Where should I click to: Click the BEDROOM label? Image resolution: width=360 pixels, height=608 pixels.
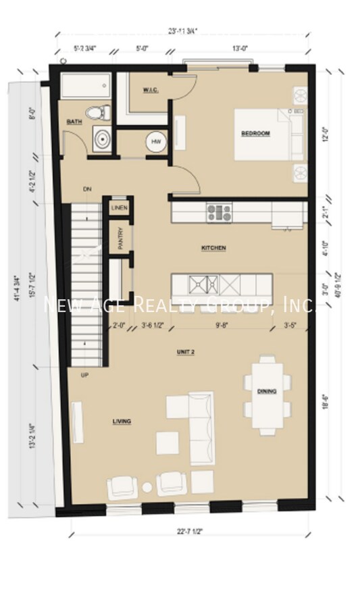coord(255,134)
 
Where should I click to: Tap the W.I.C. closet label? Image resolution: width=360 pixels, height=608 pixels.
coord(150,91)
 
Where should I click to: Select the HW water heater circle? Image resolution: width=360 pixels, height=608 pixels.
coord(156,142)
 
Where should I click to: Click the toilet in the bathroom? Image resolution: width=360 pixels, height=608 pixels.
coord(95,112)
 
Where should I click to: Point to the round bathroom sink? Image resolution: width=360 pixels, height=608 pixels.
coord(102,139)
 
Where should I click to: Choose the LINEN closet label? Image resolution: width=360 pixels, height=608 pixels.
coord(120,208)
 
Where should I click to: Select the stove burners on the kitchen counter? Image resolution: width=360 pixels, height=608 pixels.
coord(219,213)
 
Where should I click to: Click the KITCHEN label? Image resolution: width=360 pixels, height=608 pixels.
coord(213,249)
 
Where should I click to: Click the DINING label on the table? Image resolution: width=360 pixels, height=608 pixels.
coord(267,391)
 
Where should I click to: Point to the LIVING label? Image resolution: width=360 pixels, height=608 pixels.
coord(122,422)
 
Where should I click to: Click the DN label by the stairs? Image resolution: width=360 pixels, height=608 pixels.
coord(87,189)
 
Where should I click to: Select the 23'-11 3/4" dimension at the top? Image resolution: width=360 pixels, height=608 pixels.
coord(183,30)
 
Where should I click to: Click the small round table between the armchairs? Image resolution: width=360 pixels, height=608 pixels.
coord(147,487)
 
